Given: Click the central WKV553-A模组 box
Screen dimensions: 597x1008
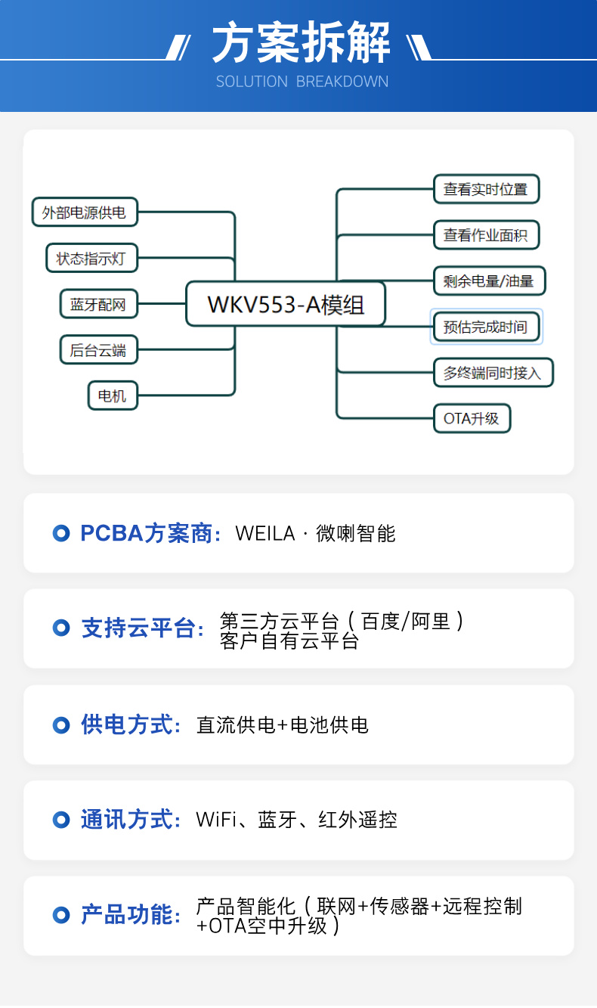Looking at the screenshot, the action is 286,304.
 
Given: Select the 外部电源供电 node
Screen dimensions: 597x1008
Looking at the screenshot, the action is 85,212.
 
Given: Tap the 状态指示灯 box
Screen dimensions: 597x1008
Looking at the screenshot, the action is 91,259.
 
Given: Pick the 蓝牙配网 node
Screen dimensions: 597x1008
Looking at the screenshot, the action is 99,304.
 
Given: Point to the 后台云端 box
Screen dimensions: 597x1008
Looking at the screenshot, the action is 99,349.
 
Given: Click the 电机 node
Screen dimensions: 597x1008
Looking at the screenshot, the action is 113,395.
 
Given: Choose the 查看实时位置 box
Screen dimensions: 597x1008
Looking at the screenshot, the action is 487,189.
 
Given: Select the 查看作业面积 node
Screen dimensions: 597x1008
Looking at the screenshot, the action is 487,235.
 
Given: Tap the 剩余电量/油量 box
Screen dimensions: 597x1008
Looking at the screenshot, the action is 489,281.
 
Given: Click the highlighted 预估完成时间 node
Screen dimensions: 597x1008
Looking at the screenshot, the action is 487,327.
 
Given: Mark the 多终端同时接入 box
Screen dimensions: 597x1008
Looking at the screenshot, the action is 493,373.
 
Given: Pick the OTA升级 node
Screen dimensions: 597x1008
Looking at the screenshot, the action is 472,418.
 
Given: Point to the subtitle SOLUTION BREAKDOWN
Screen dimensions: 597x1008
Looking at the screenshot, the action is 302,82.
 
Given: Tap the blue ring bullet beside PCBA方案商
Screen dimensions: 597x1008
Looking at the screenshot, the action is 61,533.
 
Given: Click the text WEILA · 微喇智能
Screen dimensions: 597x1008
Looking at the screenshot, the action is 315,534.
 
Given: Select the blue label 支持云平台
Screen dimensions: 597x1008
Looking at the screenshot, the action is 138,628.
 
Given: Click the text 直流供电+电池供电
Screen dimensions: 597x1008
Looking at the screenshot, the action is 283,725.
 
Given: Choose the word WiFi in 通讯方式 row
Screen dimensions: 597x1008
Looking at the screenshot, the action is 216,820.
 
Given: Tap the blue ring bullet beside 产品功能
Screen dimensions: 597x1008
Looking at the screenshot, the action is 61,915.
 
